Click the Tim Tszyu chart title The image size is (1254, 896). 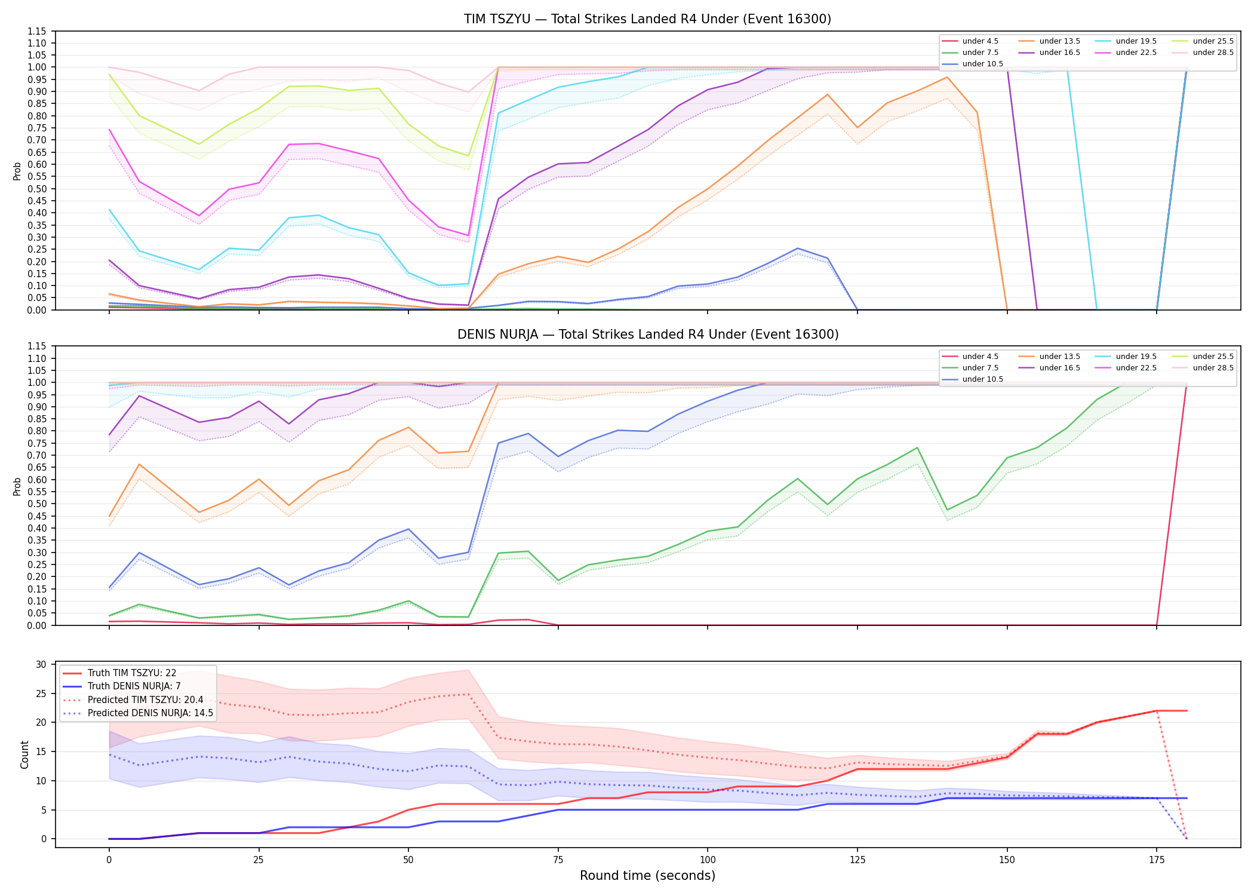coord(647,19)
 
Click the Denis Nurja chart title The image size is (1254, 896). coord(648,335)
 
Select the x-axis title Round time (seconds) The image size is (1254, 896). coord(647,876)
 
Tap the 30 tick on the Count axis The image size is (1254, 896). coord(41,664)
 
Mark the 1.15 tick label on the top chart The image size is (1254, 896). coord(36,31)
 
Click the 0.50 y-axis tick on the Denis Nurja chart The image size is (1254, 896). coord(36,504)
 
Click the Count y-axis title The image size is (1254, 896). coord(24,754)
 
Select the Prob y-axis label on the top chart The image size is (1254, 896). coord(17,171)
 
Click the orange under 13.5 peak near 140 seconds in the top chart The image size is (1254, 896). coord(947,77)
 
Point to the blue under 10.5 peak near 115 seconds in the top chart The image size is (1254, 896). coord(797,248)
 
